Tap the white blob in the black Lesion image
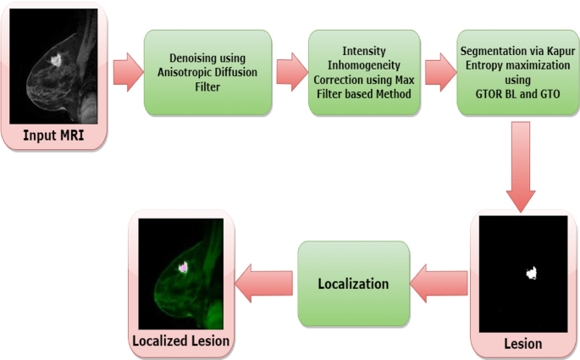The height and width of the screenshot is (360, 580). (x=533, y=272)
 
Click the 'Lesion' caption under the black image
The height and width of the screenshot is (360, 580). (x=522, y=344)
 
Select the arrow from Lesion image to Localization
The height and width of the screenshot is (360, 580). (x=439, y=283)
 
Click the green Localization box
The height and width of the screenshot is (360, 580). (x=352, y=283)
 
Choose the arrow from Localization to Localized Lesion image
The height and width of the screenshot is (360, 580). (x=264, y=283)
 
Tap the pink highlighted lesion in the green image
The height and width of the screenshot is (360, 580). (x=183, y=266)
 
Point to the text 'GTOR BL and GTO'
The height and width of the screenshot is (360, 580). (x=514, y=87)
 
